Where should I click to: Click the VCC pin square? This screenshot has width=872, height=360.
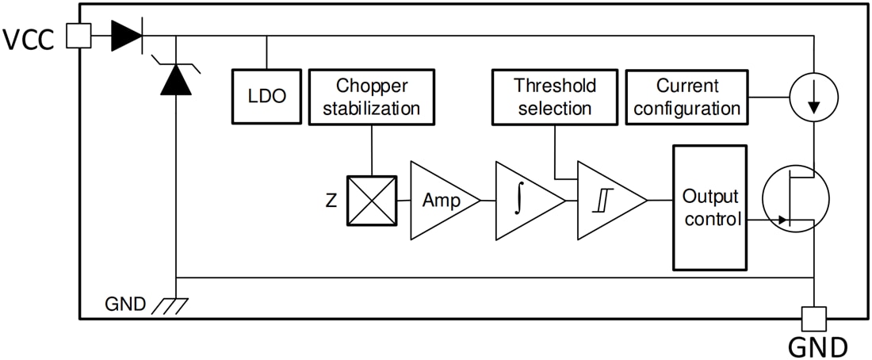coord(78,36)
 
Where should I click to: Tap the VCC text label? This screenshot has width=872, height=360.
coord(29,39)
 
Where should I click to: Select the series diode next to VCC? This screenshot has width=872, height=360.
coord(126,36)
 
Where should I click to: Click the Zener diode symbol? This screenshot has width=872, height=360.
coord(176,79)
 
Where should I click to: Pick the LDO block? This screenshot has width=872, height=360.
coord(266,96)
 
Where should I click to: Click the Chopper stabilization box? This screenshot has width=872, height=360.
coord(371,97)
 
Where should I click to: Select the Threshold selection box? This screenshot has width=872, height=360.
coord(554,97)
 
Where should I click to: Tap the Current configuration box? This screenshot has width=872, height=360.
coord(687,97)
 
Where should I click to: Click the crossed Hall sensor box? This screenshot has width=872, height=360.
coord(371,201)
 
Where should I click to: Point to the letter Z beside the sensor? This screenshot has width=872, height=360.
coord(331,201)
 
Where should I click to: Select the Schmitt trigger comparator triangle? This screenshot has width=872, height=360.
coord(606,201)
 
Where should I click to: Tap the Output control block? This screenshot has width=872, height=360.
coord(709,208)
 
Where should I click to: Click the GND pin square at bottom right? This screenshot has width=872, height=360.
coord(814,319)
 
